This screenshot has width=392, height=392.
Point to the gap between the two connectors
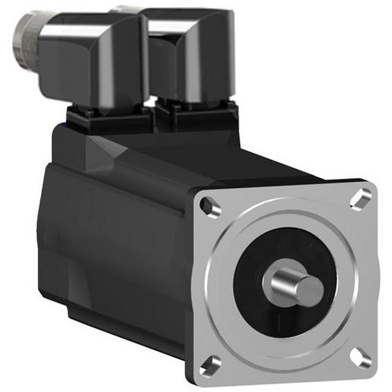pos(148,84)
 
